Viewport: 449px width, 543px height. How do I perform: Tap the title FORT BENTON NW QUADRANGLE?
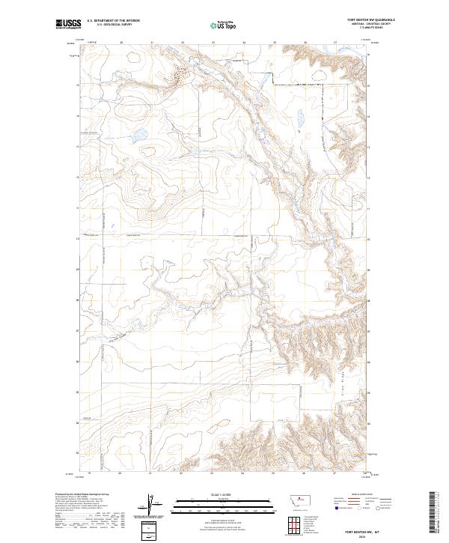(372, 19)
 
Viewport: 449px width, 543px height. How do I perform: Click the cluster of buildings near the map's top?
(180, 73)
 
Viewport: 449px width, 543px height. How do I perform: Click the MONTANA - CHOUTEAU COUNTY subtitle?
(372, 23)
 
